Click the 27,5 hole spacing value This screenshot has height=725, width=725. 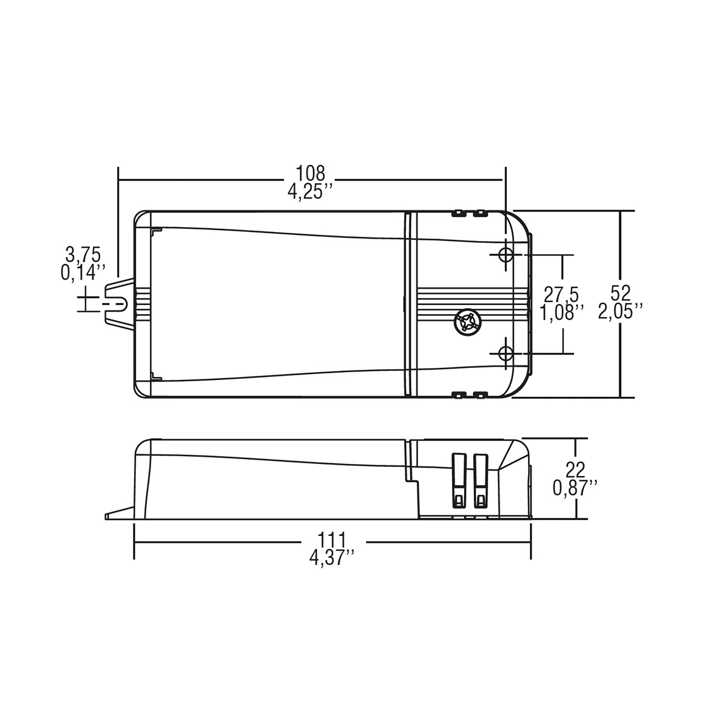[x=561, y=295]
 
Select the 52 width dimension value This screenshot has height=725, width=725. [x=620, y=293]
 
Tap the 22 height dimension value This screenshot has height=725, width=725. [x=575, y=468]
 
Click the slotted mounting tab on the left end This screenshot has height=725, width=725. [x=119, y=304]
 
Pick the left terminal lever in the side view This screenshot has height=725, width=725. [x=459, y=480]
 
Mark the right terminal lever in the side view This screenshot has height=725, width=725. [x=481, y=480]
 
